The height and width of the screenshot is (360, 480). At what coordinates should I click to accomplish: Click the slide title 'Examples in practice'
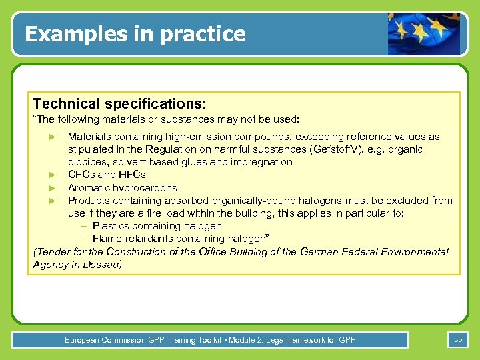135,33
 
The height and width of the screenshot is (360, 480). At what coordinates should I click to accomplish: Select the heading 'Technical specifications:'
119,104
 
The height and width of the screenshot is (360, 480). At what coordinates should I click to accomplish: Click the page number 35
458,340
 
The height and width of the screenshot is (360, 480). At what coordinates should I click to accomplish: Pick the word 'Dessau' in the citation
106,265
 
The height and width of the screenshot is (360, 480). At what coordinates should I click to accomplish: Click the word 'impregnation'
262,162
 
